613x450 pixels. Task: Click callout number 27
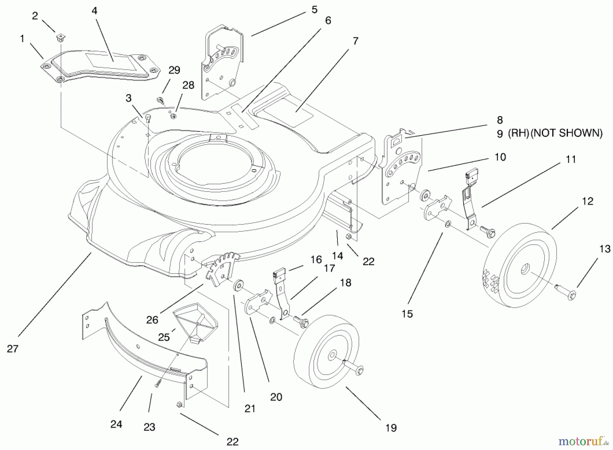click(13, 349)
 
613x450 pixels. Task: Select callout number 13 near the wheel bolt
click(605, 249)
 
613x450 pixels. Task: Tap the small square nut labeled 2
click(61, 37)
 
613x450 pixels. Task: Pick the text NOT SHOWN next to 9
click(567, 133)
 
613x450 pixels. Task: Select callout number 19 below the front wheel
click(391, 428)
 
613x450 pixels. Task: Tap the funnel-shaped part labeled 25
click(194, 320)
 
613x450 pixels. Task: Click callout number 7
click(356, 41)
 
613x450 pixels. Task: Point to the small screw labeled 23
click(157, 383)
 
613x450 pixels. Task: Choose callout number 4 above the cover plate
click(94, 11)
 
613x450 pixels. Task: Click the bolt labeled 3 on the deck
click(148, 118)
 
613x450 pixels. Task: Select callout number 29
click(174, 70)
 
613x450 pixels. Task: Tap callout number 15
click(407, 314)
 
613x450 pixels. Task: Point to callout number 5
click(314, 10)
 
